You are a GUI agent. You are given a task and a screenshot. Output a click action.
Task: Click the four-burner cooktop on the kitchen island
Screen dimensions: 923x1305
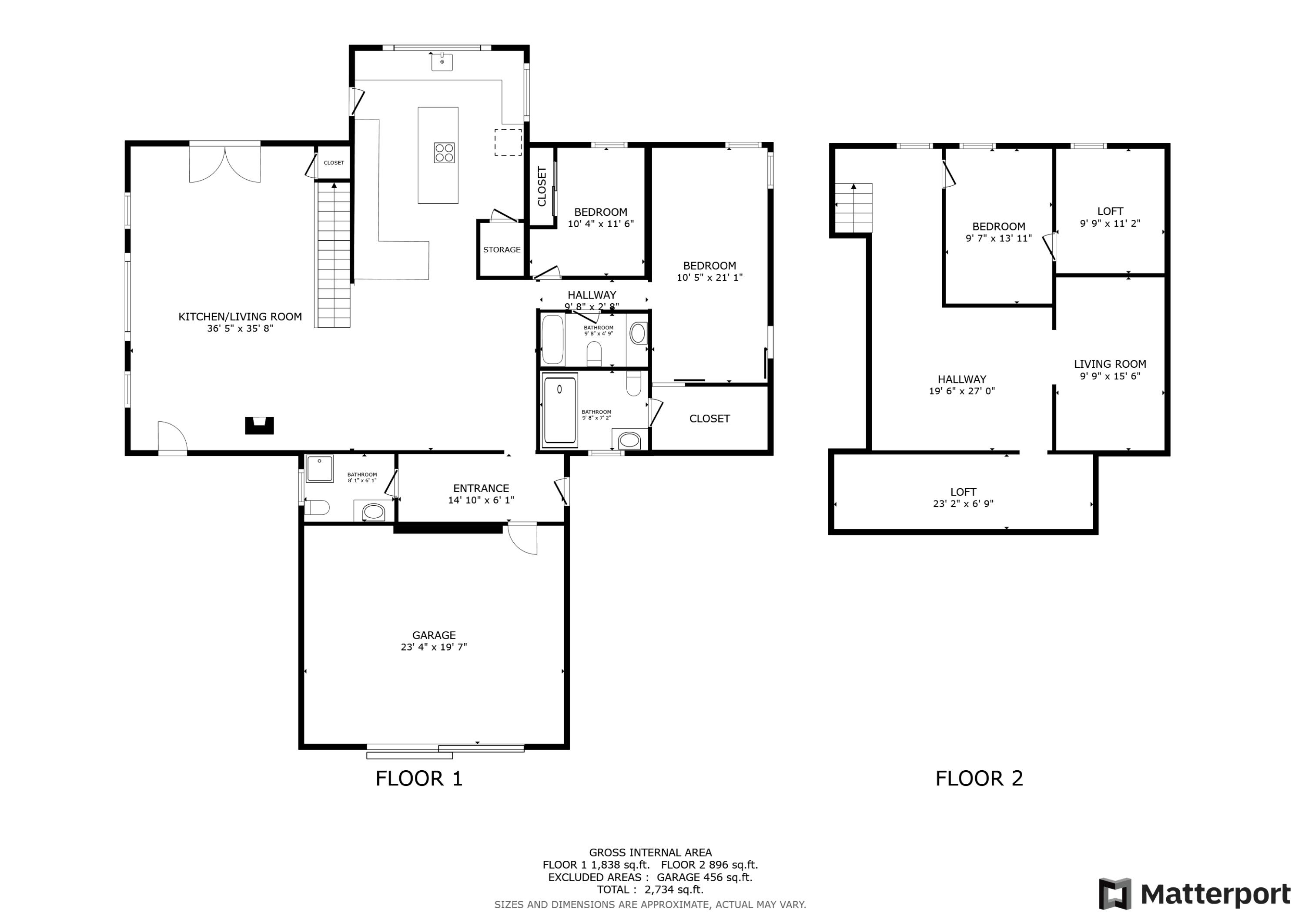[444, 152]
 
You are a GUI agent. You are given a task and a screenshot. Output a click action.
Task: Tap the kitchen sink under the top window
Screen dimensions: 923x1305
[442, 61]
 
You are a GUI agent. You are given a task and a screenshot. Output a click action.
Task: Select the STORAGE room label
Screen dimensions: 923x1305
[501, 250]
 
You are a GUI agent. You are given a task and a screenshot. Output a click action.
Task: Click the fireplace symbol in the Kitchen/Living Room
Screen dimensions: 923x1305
[259, 426]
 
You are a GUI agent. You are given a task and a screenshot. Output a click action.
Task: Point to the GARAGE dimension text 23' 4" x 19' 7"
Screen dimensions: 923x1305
[434, 647]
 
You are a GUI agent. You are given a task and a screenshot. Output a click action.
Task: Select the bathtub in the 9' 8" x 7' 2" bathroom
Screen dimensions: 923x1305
[560, 409]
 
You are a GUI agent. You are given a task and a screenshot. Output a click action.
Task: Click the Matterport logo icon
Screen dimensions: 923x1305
[1114, 894]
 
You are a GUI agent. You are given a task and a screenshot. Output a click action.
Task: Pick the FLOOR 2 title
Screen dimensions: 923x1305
[979, 779]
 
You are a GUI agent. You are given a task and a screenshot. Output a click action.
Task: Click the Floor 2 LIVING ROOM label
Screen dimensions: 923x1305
[1110, 364]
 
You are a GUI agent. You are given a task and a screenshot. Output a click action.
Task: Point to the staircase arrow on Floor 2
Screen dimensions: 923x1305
[853, 187]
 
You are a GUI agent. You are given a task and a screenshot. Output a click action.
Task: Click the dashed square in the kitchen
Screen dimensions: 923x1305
[508, 142]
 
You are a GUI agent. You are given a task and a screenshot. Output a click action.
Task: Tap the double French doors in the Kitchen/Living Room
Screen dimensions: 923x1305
[225, 164]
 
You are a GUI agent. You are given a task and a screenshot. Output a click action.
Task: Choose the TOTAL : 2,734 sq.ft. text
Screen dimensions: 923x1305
[649, 890]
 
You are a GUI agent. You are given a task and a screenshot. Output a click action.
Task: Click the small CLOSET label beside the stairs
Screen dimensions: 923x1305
[334, 163]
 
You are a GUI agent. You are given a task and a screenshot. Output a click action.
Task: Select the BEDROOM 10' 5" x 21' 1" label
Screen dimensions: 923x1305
[709, 271]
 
